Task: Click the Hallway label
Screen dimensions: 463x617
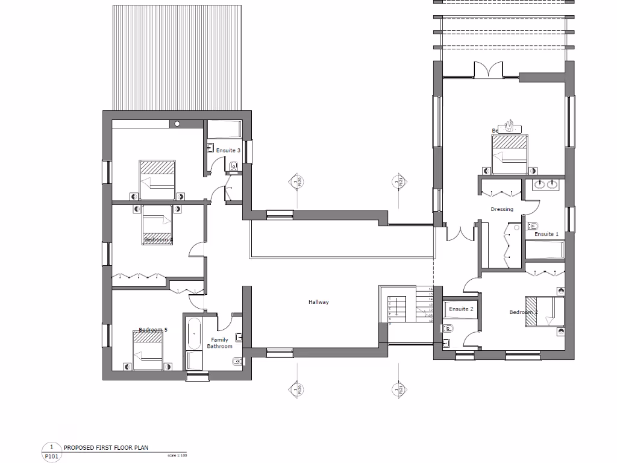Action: click(319, 302)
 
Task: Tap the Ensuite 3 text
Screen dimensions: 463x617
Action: click(228, 150)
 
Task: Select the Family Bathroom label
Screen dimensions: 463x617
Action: click(220, 343)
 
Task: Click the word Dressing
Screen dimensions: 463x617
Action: click(502, 209)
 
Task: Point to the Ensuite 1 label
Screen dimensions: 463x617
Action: click(547, 234)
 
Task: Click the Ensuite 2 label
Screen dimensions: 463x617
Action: click(461, 309)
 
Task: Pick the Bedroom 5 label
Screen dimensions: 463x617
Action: click(153, 330)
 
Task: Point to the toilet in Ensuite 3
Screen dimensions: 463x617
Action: click(234, 166)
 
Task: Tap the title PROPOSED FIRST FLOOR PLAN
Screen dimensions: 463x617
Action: click(105, 448)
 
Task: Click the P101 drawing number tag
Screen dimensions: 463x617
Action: click(52, 456)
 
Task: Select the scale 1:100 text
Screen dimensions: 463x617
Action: click(177, 455)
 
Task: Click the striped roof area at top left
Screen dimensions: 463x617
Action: click(177, 57)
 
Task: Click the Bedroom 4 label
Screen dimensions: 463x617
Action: click(158, 240)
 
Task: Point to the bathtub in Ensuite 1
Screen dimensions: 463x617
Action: click(545, 249)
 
